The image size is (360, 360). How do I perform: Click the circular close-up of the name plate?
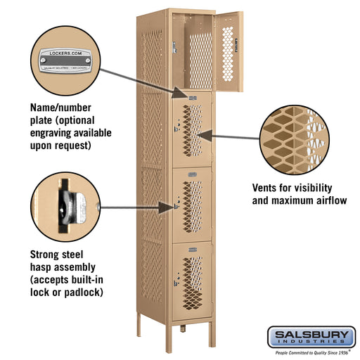64,60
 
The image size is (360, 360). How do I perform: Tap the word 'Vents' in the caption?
267,188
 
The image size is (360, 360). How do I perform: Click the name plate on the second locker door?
191,96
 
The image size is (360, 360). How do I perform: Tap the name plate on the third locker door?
191,170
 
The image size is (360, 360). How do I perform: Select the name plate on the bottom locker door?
191,246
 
